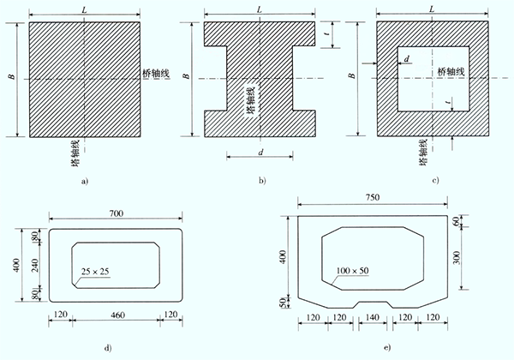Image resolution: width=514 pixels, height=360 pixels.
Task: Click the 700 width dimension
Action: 117,213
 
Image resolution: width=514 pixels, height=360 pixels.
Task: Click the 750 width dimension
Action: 373,197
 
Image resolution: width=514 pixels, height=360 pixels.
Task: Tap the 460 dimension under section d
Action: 117,315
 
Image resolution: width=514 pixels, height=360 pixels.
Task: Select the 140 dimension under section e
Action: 373,317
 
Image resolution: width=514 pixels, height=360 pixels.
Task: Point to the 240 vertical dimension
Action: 36,265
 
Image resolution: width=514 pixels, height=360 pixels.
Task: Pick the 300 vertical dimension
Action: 457,258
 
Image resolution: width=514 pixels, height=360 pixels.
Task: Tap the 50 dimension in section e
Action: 282,303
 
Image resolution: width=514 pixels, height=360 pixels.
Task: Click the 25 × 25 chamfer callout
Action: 95,272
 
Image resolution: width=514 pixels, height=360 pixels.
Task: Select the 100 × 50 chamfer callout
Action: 352,271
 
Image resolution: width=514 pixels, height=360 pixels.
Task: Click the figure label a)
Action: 85,181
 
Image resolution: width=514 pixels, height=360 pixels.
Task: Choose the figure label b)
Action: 262,180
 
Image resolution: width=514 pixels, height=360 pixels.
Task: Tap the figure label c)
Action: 435,180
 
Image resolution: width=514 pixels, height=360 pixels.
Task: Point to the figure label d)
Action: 108,348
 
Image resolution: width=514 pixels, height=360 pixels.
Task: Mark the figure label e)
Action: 387,347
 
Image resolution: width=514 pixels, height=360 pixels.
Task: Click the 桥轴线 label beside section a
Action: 156,73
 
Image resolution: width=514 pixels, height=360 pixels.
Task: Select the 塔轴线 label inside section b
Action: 250,100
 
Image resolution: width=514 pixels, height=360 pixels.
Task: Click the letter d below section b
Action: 261,153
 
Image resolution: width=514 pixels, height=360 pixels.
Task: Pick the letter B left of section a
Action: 12,76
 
